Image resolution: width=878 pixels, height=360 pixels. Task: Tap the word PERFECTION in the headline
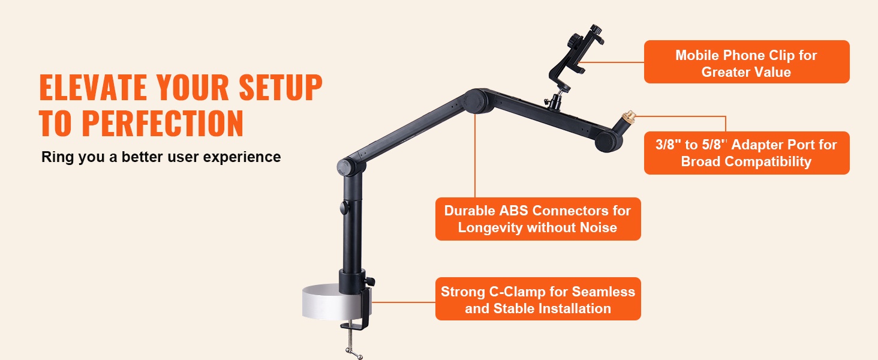coord(163,123)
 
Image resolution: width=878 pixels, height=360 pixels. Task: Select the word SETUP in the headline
coord(281,88)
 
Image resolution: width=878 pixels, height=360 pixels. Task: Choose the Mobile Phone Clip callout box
coord(747,62)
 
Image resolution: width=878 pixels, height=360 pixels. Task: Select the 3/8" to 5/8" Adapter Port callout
coord(747,153)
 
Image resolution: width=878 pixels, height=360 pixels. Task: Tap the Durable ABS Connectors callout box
coord(538,219)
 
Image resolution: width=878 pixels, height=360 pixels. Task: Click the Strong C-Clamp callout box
coord(538,299)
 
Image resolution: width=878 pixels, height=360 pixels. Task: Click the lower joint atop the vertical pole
coord(347,167)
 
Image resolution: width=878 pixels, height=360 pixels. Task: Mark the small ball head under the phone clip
coord(555,101)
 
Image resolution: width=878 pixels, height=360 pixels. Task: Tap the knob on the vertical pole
coord(344,208)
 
